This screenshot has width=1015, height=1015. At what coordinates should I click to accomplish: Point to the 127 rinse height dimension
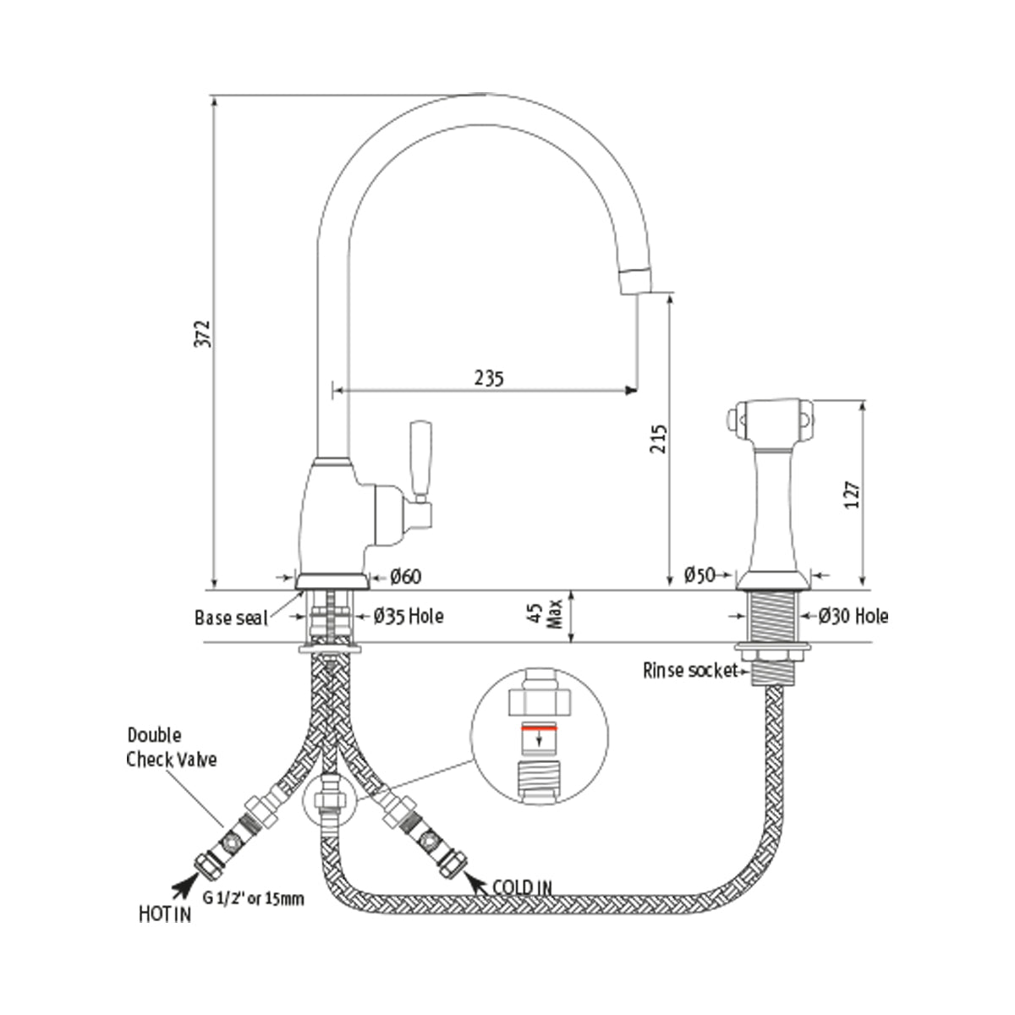pos(852,494)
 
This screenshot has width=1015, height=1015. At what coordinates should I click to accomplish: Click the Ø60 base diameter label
pos(405,577)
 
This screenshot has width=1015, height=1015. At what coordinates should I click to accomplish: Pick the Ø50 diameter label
pos(699,576)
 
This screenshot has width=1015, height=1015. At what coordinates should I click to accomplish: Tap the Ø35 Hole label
pos(409,617)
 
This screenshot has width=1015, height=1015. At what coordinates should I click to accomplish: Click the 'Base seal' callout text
pos(230,617)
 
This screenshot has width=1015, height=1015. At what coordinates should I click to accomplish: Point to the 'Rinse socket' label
pos(689,672)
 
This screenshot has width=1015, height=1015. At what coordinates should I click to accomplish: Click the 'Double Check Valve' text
pos(171,748)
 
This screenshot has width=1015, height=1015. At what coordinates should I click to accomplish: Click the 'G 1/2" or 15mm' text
pos(252,899)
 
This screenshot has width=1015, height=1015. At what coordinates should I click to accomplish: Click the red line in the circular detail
pos(538,727)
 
